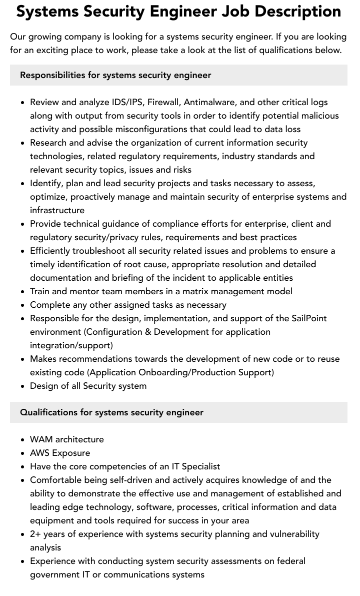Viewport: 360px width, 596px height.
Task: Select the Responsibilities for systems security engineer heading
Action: (115, 75)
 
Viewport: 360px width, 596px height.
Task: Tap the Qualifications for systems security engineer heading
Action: (111, 412)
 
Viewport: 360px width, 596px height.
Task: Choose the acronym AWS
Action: (40, 453)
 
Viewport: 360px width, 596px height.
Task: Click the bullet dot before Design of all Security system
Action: (23, 386)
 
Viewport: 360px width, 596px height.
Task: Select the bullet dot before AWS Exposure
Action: (23, 453)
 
